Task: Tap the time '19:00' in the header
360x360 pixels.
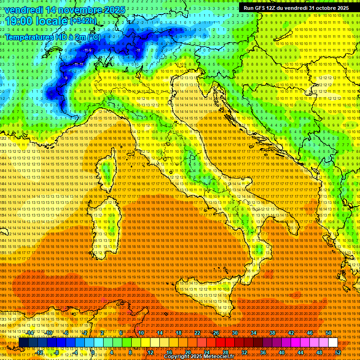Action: [19, 21]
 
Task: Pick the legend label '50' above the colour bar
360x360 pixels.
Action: [328, 332]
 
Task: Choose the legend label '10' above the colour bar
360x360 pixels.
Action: [141, 332]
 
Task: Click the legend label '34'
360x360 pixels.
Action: [253, 332]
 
